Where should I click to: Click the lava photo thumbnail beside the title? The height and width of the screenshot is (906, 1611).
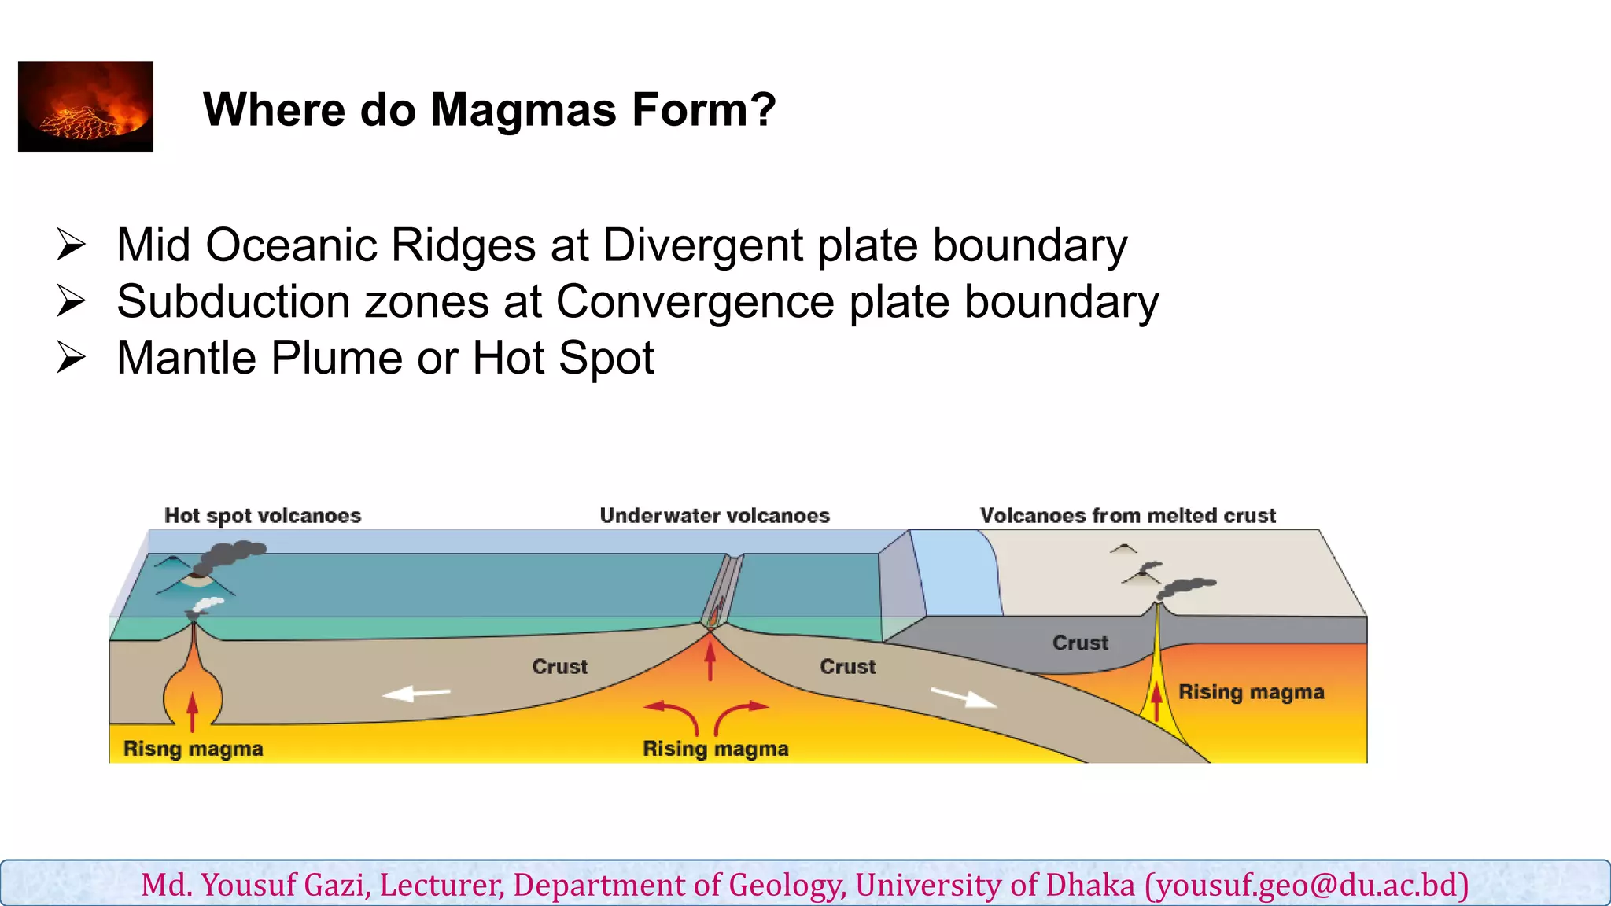point(86,106)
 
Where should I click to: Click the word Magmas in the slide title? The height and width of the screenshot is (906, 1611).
point(523,109)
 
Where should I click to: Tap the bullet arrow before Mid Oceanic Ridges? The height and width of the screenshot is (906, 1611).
point(71,245)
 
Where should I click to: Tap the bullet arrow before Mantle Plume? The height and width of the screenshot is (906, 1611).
point(71,358)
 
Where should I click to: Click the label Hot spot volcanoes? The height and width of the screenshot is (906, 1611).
point(263,516)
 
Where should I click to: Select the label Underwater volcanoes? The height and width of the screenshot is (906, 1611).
point(714,516)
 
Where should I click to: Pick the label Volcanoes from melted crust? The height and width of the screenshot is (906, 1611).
point(1127,516)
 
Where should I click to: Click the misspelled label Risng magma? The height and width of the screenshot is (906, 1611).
point(194,749)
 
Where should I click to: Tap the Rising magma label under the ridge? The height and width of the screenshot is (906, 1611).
point(716,749)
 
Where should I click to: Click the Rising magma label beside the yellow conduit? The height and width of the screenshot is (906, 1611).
point(1251,692)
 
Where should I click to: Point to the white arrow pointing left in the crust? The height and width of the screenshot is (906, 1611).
point(416,693)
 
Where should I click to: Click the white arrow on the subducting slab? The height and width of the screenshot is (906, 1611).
point(964,698)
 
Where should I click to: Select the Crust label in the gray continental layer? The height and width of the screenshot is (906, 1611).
point(1080,643)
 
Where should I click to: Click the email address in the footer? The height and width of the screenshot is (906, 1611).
point(1307,885)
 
